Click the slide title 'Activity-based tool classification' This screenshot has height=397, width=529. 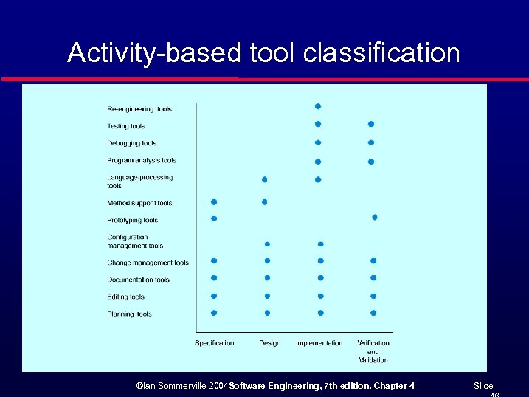(263, 53)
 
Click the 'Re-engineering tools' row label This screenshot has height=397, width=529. (139, 109)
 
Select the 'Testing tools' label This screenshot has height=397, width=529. (126, 126)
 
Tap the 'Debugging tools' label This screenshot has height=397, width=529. (131, 143)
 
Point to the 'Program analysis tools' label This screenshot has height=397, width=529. (142, 160)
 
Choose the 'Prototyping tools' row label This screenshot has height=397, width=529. (132, 220)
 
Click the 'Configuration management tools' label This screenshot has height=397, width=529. (134, 241)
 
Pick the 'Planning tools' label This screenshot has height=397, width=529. (129, 314)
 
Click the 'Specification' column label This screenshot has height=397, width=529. (214, 342)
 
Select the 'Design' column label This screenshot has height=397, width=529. (269, 342)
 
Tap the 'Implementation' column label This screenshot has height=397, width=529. (319, 342)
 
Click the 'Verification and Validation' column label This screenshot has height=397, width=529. (373, 351)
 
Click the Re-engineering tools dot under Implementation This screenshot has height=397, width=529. (318, 106)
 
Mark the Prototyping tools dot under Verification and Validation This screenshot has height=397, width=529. (375, 217)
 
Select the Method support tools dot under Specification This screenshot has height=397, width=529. (214, 201)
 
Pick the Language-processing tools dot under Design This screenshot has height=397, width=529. (265, 179)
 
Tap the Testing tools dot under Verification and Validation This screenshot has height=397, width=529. (371, 124)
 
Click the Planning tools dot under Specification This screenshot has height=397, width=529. (214, 313)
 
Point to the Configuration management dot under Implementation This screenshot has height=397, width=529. (320, 244)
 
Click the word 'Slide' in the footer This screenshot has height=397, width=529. (483, 386)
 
